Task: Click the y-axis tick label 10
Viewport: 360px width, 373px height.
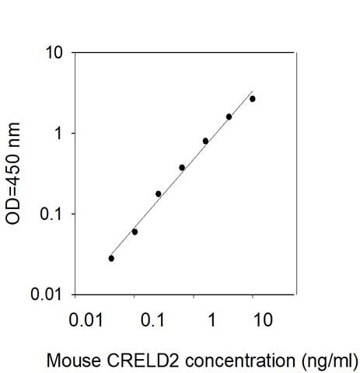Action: click(x=54, y=52)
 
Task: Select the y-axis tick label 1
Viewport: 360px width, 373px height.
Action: click(x=59, y=134)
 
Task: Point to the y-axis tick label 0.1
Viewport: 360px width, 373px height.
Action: click(x=51, y=214)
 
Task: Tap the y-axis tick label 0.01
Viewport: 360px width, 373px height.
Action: click(x=47, y=294)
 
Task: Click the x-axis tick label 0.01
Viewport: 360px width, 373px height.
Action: click(x=86, y=319)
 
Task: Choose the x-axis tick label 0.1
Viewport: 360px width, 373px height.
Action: click(x=152, y=319)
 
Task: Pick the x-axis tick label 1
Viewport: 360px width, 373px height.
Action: click(x=212, y=319)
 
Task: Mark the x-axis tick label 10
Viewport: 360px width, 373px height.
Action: click(x=263, y=319)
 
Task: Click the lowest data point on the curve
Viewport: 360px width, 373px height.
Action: click(x=111, y=258)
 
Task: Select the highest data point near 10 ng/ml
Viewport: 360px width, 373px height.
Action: click(x=253, y=99)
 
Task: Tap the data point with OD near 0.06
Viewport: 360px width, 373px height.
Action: click(x=135, y=232)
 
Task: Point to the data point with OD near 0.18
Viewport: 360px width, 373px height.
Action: click(x=159, y=193)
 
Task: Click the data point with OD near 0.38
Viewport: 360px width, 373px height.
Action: click(x=182, y=168)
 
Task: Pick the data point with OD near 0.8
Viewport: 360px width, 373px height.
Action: click(x=205, y=141)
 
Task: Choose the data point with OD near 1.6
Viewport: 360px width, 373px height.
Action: click(x=229, y=117)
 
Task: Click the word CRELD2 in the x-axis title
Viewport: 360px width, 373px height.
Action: click(x=143, y=361)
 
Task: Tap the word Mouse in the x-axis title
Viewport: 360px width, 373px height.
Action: click(x=74, y=361)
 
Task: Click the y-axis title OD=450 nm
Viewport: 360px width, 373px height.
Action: click(x=12, y=173)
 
